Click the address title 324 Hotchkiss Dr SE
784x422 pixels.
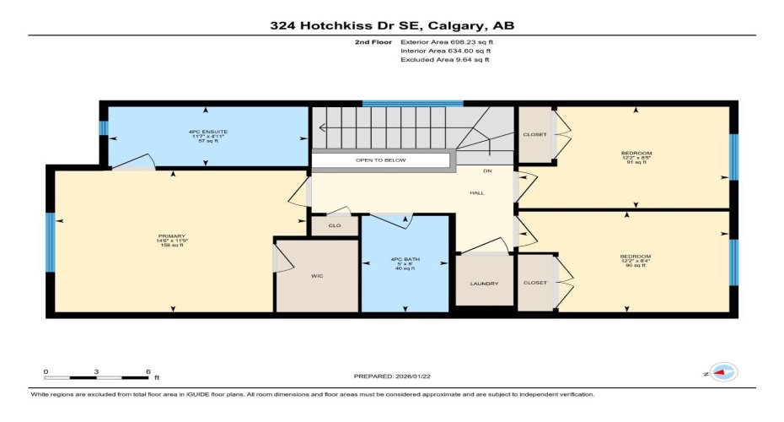[391, 25]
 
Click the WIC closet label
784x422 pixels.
[317, 276]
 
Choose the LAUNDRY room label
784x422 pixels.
[484, 283]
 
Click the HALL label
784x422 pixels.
[477, 193]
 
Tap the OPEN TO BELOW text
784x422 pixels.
[380, 160]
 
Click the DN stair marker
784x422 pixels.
[487, 171]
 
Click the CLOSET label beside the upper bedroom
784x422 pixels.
[534, 135]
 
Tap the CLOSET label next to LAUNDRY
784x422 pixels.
[534, 283]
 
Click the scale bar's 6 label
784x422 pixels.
[148, 371]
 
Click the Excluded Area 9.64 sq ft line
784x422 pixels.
[444, 60]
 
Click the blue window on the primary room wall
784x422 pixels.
[51, 242]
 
